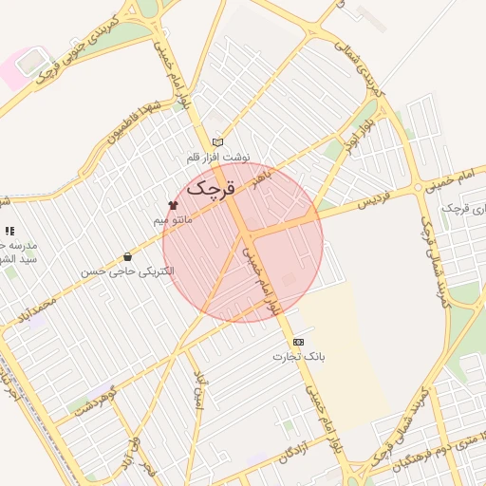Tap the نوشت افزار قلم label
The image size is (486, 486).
click(218, 157)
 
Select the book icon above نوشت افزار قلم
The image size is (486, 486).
click(218, 141)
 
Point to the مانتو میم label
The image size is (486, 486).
click(173, 219)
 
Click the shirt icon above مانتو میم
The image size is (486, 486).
click(173, 204)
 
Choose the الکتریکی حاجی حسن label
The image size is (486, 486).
click(127, 271)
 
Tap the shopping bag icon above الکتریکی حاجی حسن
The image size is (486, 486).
click(127, 256)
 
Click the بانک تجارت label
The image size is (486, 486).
click(299, 357)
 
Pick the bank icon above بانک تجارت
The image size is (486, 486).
click(299, 342)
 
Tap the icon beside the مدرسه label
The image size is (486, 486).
click(9, 231)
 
